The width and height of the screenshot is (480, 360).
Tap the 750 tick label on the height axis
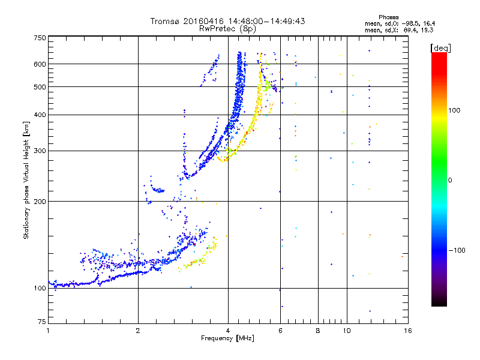pos(40,38)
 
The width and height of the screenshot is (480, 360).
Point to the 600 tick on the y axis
pos(40,64)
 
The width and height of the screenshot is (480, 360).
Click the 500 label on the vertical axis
pos(40,87)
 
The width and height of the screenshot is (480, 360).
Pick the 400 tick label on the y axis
pos(40,115)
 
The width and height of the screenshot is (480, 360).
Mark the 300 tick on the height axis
pos(40,151)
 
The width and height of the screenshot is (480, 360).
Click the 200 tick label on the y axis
pos(40,202)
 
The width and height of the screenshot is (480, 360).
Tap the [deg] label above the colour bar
pos(441,47)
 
